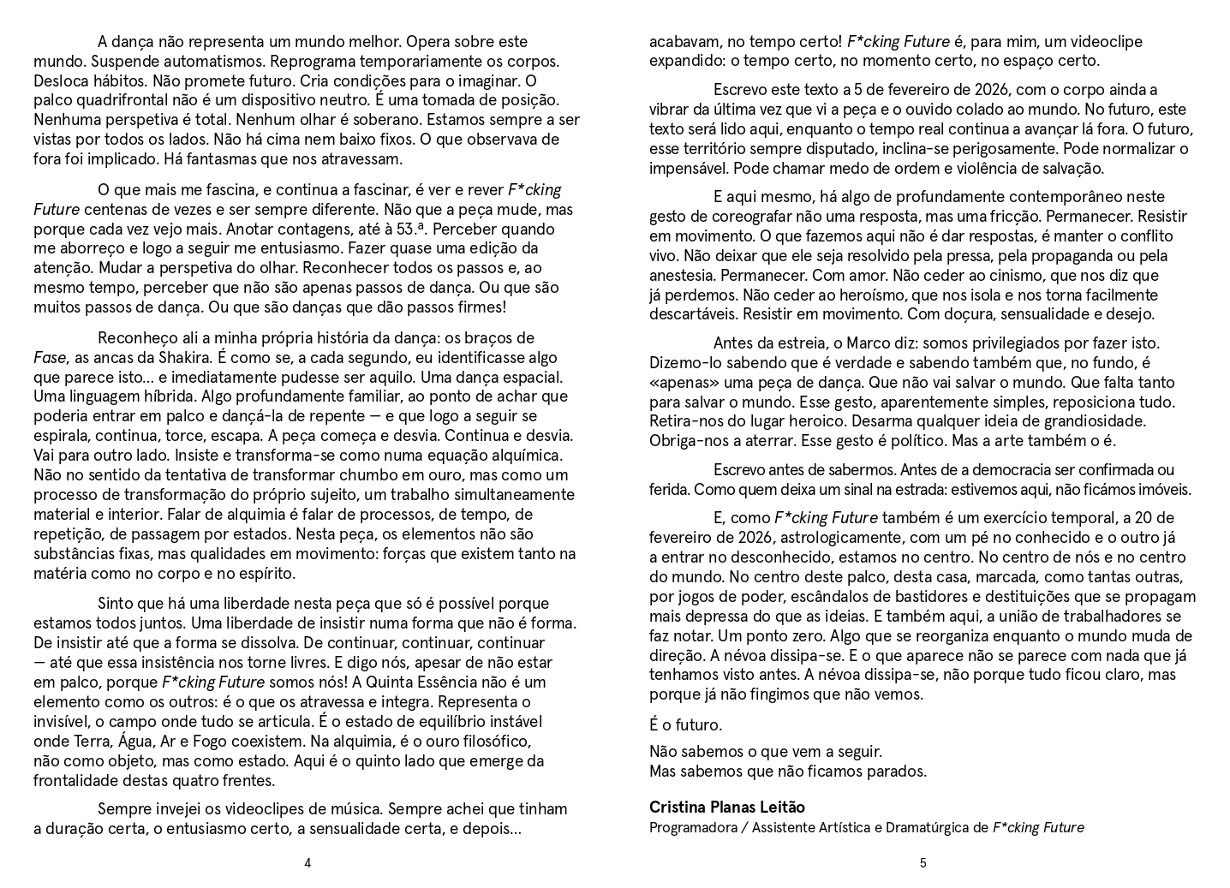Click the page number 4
tap(307, 863)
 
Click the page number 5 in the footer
tap(922, 863)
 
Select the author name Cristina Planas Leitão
tap(726, 807)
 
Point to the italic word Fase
tap(49, 357)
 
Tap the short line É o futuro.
tap(685, 724)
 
